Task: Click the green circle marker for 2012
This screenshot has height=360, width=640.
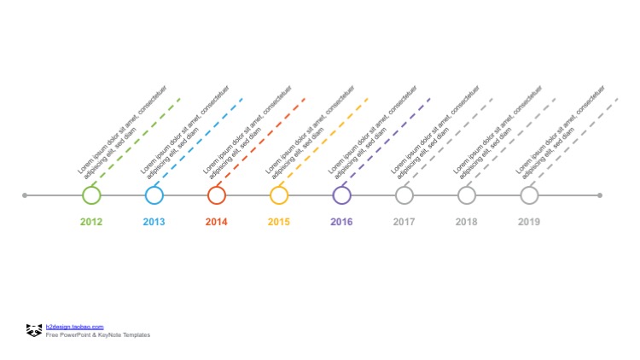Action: tap(91, 195)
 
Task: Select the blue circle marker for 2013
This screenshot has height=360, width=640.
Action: tap(154, 195)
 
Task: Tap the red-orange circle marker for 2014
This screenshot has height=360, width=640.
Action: tap(217, 195)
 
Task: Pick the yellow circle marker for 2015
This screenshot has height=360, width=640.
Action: tap(279, 195)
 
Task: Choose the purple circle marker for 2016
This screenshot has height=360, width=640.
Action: tap(341, 195)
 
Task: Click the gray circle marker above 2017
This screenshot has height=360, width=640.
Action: tap(404, 195)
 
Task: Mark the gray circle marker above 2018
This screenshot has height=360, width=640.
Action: tap(467, 195)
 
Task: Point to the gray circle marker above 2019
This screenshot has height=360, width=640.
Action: tap(529, 195)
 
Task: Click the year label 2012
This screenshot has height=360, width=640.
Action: tap(91, 222)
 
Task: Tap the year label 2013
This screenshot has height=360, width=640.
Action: tap(154, 222)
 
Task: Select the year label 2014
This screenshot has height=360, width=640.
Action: tap(217, 222)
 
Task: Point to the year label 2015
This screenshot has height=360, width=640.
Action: tap(279, 222)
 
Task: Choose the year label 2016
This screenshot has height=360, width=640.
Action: tap(341, 222)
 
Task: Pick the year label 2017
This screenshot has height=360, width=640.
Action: tap(404, 222)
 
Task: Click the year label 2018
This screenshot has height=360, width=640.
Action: tap(467, 222)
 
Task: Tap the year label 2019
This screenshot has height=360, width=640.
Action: tap(529, 222)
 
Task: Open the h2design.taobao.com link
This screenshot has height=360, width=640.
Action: tap(75, 327)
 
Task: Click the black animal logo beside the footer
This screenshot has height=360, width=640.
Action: tap(34, 330)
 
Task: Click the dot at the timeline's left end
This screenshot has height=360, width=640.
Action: tap(25, 195)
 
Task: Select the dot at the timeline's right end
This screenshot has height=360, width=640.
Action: tap(600, 195)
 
